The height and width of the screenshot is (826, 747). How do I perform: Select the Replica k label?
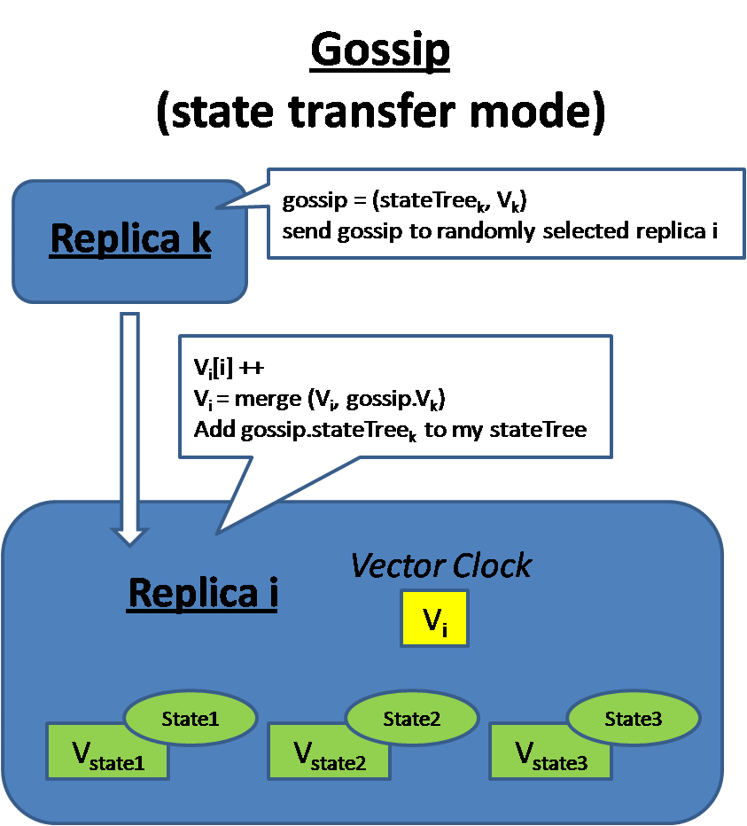130,238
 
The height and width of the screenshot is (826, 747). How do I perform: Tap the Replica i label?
203,593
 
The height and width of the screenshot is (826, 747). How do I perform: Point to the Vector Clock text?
441,565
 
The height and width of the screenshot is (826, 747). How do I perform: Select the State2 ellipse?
411,719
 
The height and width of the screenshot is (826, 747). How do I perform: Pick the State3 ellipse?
633,719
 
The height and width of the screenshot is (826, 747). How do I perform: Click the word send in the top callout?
303,231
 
